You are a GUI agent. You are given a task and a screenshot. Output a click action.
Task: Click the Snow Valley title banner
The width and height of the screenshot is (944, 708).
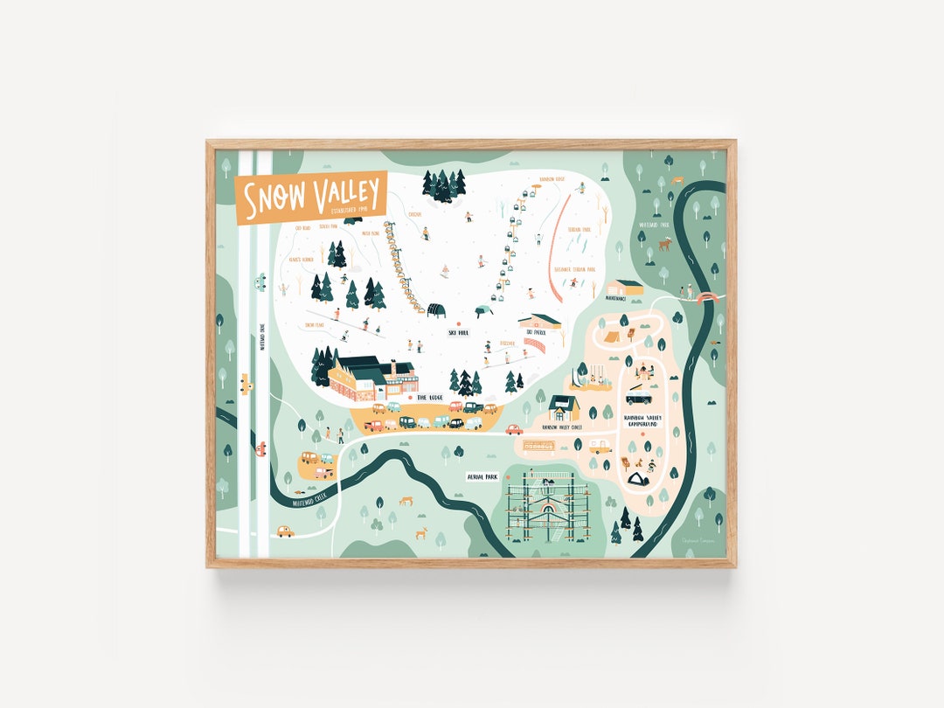[311, 197]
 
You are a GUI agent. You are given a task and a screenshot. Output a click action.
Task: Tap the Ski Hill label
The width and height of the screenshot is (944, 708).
[459, 333]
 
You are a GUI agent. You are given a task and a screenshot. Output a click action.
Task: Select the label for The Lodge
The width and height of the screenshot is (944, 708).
[430, 397]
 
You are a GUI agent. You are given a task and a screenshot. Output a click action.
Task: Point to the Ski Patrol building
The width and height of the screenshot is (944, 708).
[540, 323]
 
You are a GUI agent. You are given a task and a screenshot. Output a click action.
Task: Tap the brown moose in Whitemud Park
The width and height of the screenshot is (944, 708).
[664, 245]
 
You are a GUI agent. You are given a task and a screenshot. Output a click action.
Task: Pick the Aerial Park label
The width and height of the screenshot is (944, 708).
[482, 477]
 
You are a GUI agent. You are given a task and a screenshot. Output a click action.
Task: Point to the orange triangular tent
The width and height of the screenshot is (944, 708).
[612, 334]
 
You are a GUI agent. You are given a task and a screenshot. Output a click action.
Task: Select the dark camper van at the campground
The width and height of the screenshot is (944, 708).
[639, 399]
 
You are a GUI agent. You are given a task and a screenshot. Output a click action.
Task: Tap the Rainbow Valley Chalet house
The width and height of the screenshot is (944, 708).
[564, 407]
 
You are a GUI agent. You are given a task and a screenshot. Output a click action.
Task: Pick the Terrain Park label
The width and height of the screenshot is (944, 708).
[580, 229]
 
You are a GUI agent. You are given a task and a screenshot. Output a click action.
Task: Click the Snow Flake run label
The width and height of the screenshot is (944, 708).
[314, 325]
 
